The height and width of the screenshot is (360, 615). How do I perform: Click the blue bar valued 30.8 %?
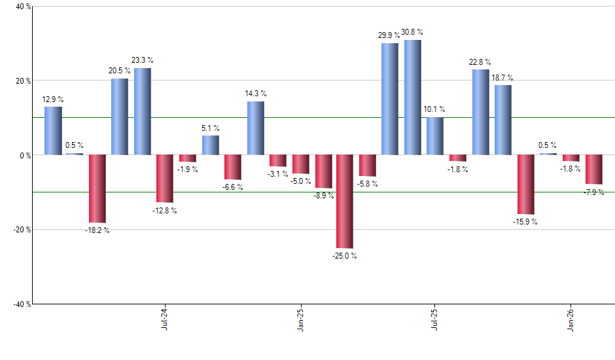[x=412, y=98]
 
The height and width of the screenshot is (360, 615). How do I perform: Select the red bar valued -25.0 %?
[x=345, y=202]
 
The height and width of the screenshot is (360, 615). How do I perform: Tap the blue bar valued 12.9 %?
[x=53, y=131]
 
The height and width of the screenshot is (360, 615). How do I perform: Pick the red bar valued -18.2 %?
[x=97, y=189]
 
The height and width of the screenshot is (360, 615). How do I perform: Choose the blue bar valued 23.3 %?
[x=143, y=112]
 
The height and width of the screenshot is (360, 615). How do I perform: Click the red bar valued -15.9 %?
[x=525, y=185]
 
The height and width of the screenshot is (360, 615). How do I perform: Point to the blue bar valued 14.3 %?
[x=255, y=128]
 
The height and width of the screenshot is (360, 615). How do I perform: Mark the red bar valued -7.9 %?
[x=593, y=170]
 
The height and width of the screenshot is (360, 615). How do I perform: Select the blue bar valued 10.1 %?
[x=435, y=136]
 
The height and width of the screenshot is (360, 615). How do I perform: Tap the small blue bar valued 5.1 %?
[x=210, y=145]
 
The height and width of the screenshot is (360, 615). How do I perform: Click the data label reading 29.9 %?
[x=390, y=35]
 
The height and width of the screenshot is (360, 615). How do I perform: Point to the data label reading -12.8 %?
[x=165, y=211]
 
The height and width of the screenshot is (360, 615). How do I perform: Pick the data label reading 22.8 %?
[x=480, y=62]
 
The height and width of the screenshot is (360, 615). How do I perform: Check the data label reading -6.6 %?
[x=232, y=187]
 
